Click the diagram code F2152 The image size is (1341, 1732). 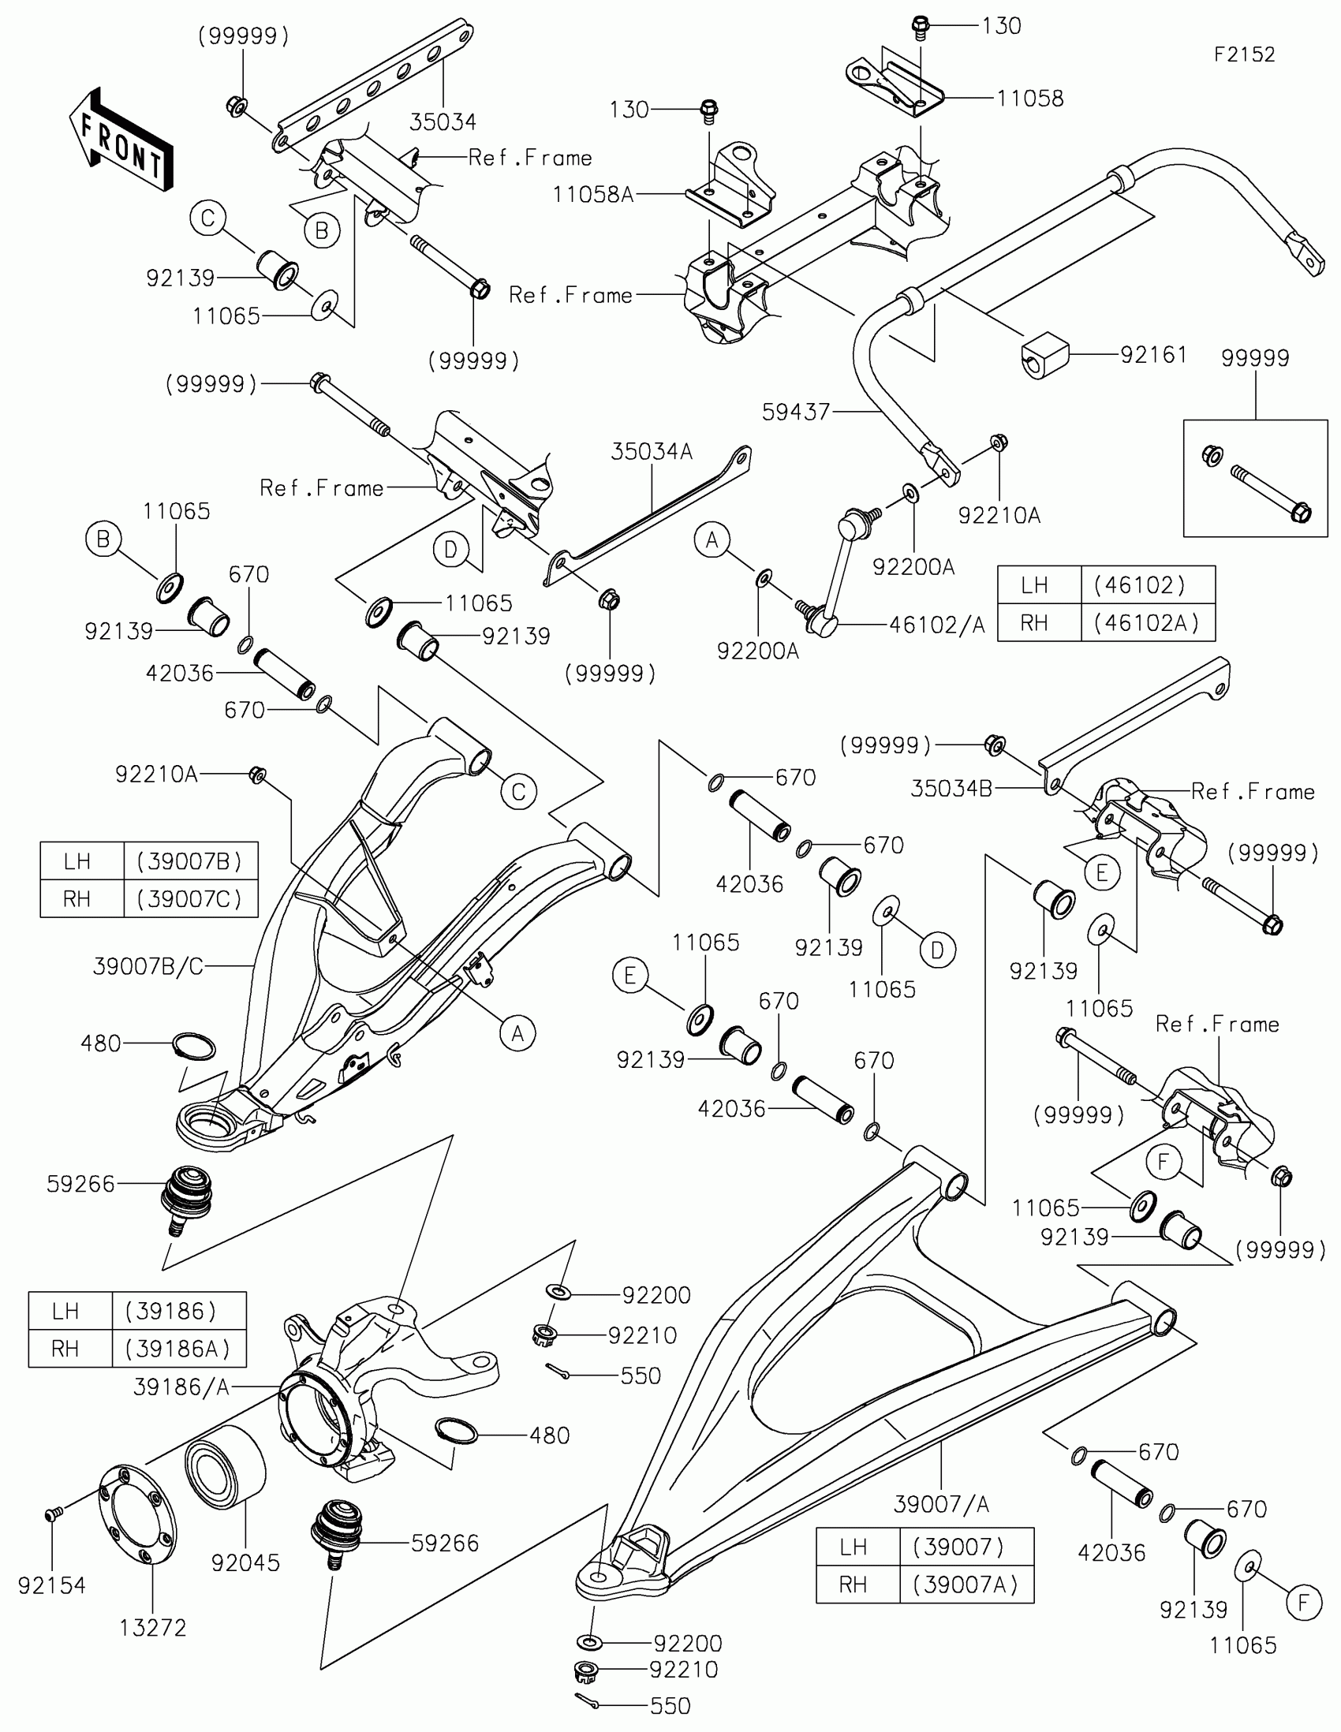point(1244,54)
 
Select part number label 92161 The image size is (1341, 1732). point(1153,354)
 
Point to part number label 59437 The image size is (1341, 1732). point(795,412)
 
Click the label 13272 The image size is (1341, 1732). point(152,1627)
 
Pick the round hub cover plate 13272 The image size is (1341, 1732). point(137,1516)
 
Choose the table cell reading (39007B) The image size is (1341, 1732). point(190,861)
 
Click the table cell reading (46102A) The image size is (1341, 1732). point(1147,622)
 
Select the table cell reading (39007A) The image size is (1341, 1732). point(965,1585)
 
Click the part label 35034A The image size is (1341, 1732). point(651,451)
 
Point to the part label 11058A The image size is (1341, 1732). point(592,194)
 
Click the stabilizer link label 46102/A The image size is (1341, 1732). point(936,625)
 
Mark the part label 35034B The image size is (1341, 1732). point(951,788)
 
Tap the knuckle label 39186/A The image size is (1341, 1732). point(181,1387)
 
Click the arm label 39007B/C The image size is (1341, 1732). point(148,966)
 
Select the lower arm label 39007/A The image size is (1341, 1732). point(941,1503)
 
